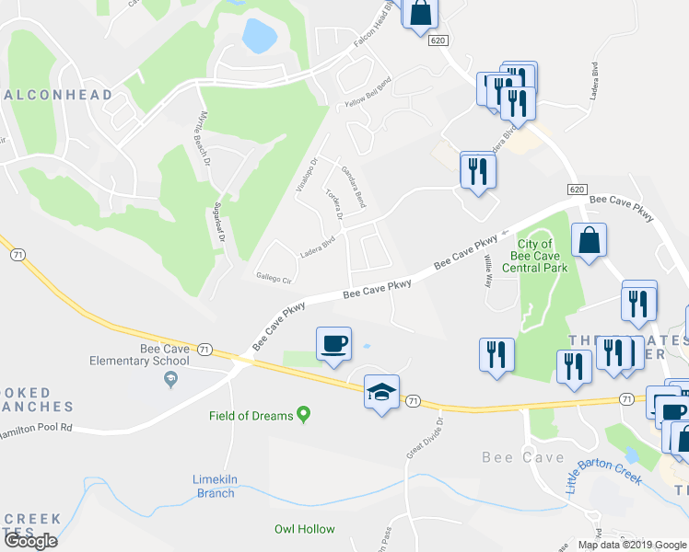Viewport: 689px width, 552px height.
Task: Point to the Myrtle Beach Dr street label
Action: click(204, 137)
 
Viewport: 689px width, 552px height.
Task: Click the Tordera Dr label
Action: click(334, 205)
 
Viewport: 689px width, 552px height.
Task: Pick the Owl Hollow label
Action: click(305, 529)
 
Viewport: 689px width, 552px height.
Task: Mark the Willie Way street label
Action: click(489, 270)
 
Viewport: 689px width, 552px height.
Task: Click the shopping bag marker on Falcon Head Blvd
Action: click(420, 15)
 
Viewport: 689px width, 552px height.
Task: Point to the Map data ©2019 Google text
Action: click(633, 545)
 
